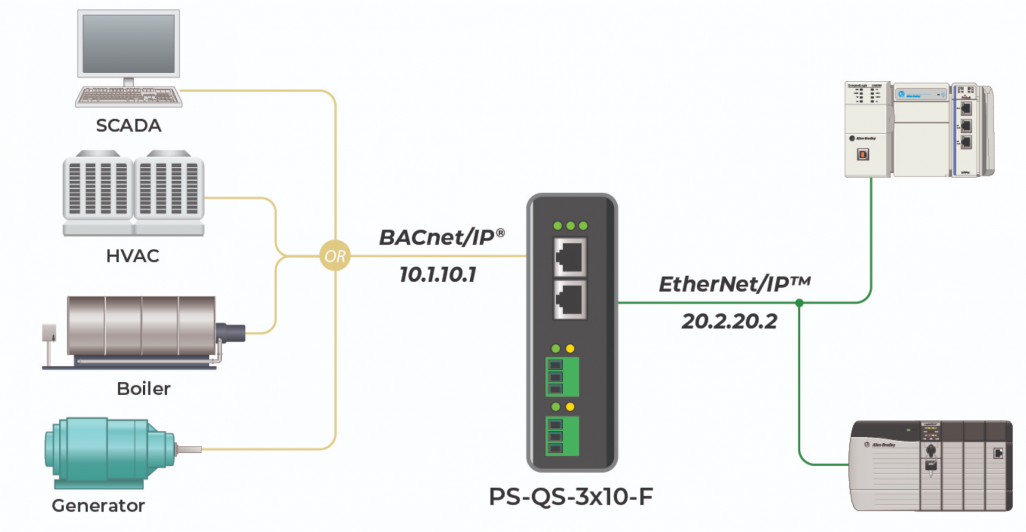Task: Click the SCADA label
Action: pyautogui.click(x=128, y=126)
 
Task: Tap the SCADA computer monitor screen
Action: pyautogui.click(x=128, y=43)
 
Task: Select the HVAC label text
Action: pyautogui.click(x=133, y=256)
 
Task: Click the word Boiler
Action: pyautogui.click(x=143, y=389)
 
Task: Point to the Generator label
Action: pyautogui.click(x=98, y=506)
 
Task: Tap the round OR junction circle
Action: pyautogui.click(x=335, y=256)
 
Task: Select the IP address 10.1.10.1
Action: pyautogui.click(x=438, y=275)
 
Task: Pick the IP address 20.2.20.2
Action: pyautogui.click(x=729, y=321)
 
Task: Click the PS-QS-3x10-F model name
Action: pyautogui.click(x=571, y=497)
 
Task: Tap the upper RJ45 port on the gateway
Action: pyautogui.click(x=570, y=257)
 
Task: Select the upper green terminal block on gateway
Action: pyautogui.click(x=562, y=377)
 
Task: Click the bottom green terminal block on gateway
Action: pyautogui.click(x=562, y=436)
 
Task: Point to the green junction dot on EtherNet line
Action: pyautogui.click(x=799, y=303)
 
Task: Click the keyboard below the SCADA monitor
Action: pyautogui.click(x=128, y=96)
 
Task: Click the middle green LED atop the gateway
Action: pyautogui.click(x=570, y=226)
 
